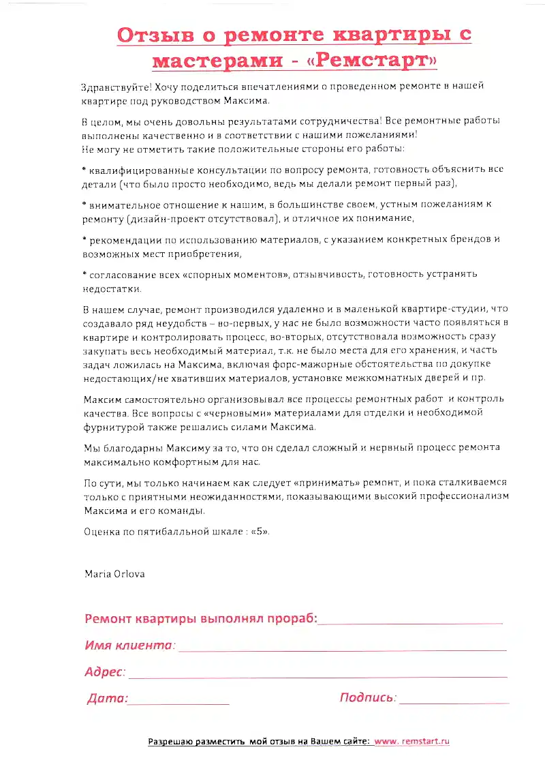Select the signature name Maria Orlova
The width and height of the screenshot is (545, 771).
click(x=114, y=573)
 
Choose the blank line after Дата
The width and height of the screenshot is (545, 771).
click(x=178, y=702)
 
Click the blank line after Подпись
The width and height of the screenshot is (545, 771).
click(x=454, y=701)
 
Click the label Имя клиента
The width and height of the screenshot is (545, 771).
click(x=129, y=645)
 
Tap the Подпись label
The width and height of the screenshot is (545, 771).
click(x=367, y=697)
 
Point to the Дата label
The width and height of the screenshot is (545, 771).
click(x=107, y=698)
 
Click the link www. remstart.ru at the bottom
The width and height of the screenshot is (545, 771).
click(x=412, y=741)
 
